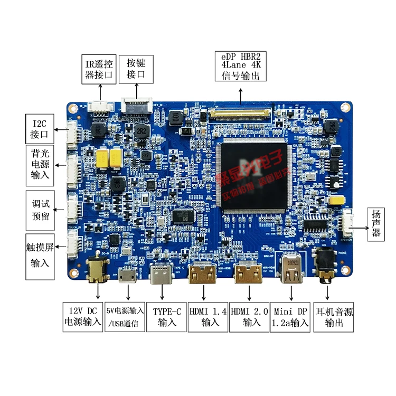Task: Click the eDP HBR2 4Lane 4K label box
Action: point(241,66)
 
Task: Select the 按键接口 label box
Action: point(136,69)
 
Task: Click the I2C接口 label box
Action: point(40,128)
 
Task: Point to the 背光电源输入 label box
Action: point(40,164)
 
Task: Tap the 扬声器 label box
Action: point(376,224)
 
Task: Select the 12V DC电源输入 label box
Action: point(82,316)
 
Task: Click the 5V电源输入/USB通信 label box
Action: point(125,316)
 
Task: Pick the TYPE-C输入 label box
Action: point(167,316)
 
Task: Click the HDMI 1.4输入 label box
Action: point(208,316)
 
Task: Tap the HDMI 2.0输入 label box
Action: point(249,316)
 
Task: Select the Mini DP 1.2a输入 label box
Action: point(290,316)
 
